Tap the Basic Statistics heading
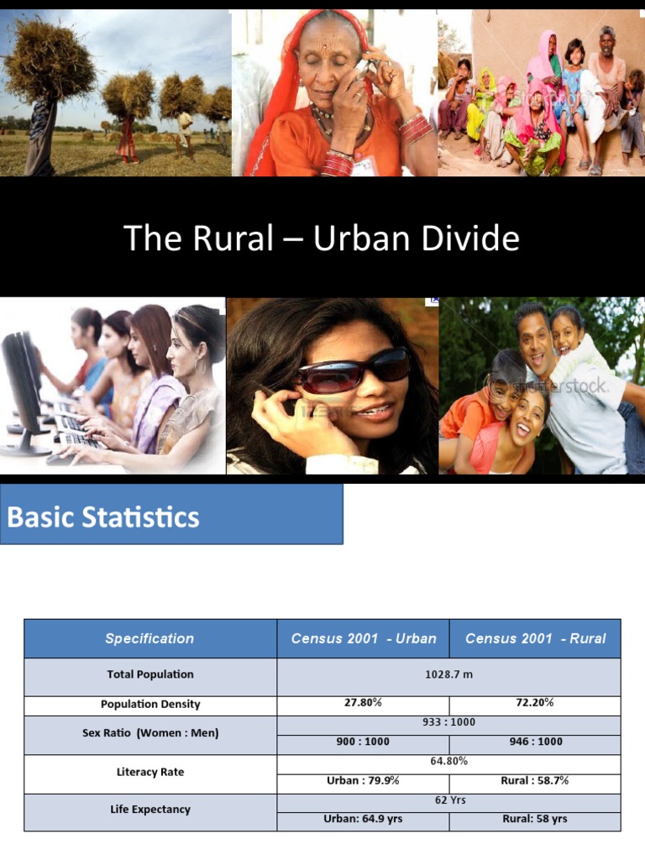click(103, 517)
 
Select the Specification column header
click(149, 638)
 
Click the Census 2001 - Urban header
click(364, 638)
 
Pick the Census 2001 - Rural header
click(535, 638)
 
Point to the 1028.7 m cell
click(448, 674)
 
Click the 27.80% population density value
click(363, 703)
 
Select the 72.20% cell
click(535, 703)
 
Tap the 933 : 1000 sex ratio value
click(448, 722)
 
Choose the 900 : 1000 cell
click(363, 742)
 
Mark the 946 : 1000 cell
click(535, 742)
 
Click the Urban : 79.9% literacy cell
click(363, 780)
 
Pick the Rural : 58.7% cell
click(535, 780)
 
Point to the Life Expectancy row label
click(150, 810)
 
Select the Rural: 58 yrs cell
click(535, 819)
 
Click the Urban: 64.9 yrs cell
click(363, 819)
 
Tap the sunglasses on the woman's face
click(354, 370)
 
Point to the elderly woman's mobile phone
click(363, 71)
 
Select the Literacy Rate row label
click(150, 772)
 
